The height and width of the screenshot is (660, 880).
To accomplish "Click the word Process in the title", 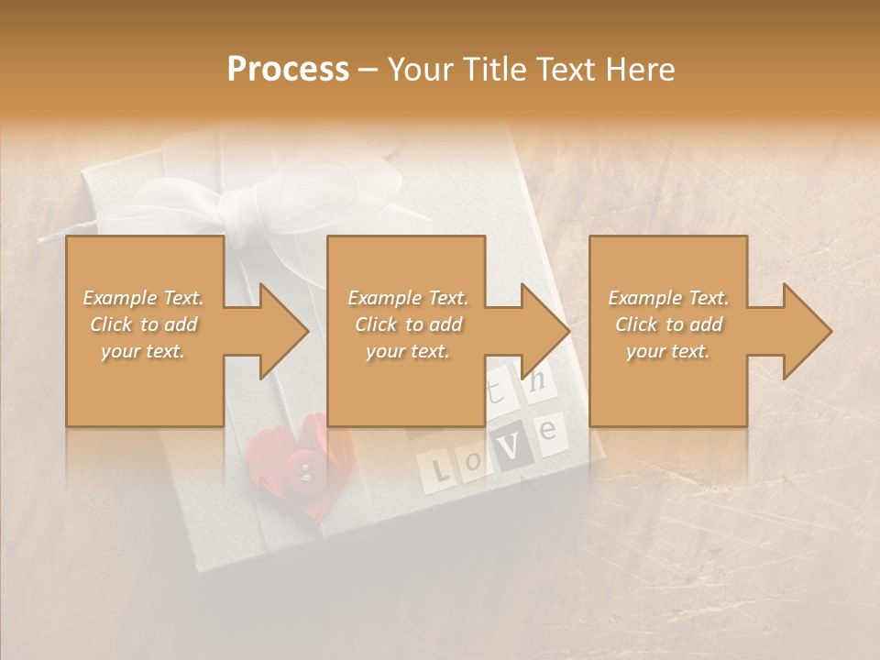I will pos(288,70).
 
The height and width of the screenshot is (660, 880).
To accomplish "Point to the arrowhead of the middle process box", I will pos(550,331).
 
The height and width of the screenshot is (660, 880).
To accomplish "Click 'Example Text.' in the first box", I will pos(143,298).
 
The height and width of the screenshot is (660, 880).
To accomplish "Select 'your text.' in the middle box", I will pos(407,351).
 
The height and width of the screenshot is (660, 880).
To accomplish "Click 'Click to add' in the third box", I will pos(668,324).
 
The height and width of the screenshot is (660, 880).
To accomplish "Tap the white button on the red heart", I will pos(305,470).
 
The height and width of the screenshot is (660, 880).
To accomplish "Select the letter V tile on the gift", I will pos(515,445).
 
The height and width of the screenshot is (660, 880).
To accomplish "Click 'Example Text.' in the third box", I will pos(668,298).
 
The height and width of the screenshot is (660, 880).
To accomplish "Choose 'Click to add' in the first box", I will pos(143,324).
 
